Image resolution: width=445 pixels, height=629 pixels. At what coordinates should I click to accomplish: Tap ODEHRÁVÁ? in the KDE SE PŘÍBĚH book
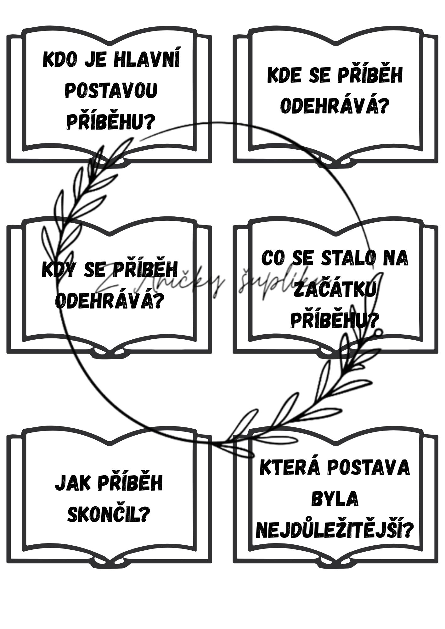(x=334, y=106)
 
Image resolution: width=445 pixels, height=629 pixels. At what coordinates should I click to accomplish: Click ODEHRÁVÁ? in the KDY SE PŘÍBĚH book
(x=110, y=301)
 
